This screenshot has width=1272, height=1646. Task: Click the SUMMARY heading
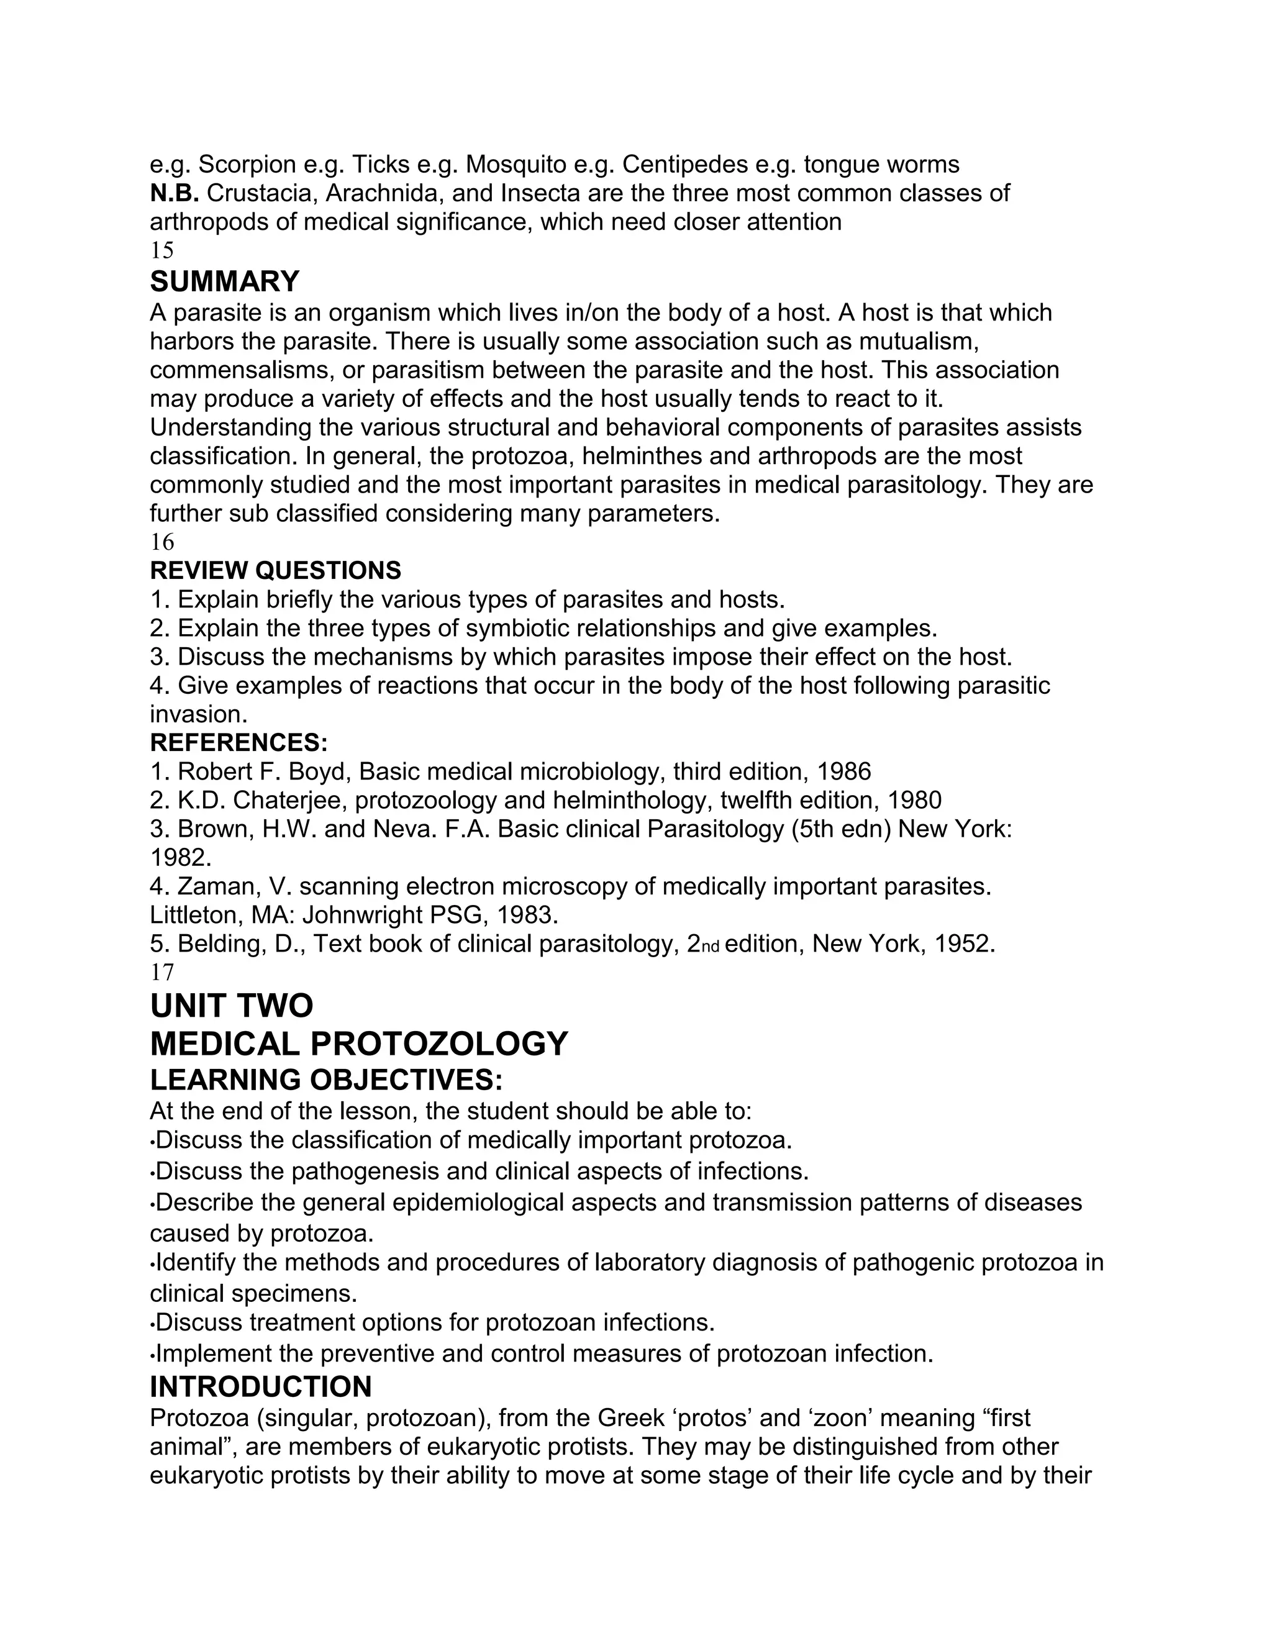225,282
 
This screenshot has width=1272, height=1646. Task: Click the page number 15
162,250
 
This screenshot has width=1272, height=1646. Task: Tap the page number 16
162,542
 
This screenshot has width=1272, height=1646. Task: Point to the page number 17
162,972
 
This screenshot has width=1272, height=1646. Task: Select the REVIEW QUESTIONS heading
275,571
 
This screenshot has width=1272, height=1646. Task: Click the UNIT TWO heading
231,1006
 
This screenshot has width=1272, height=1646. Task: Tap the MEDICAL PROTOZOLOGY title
359,1044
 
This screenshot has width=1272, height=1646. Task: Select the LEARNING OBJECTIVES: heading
325,1080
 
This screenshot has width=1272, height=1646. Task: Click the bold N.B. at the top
173,194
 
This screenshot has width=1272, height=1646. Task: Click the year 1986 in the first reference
843,771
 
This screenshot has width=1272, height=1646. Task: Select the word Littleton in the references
194,915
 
